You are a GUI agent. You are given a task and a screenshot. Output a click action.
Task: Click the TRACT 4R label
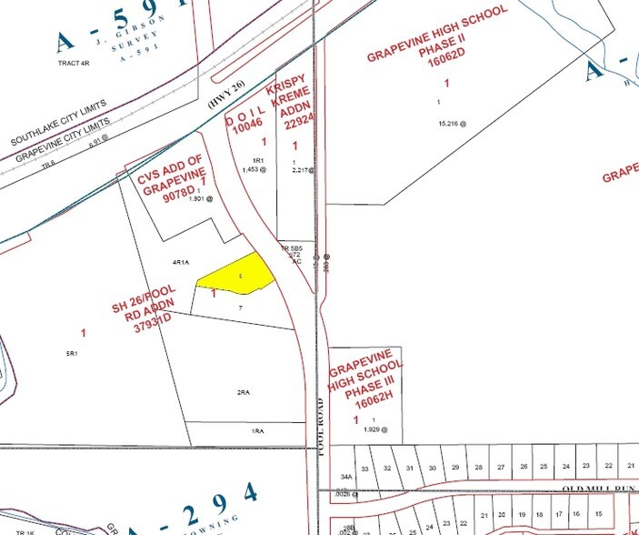click(x=75, y=63)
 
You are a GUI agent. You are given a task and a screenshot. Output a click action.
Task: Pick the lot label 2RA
click(x=243, y=391)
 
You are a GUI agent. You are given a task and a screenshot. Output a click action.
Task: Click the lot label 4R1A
click(x=180, y=262)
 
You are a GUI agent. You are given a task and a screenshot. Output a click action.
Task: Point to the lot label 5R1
click(x=72, y=352)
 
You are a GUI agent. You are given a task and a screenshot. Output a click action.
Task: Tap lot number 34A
click(x=345, y=476)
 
